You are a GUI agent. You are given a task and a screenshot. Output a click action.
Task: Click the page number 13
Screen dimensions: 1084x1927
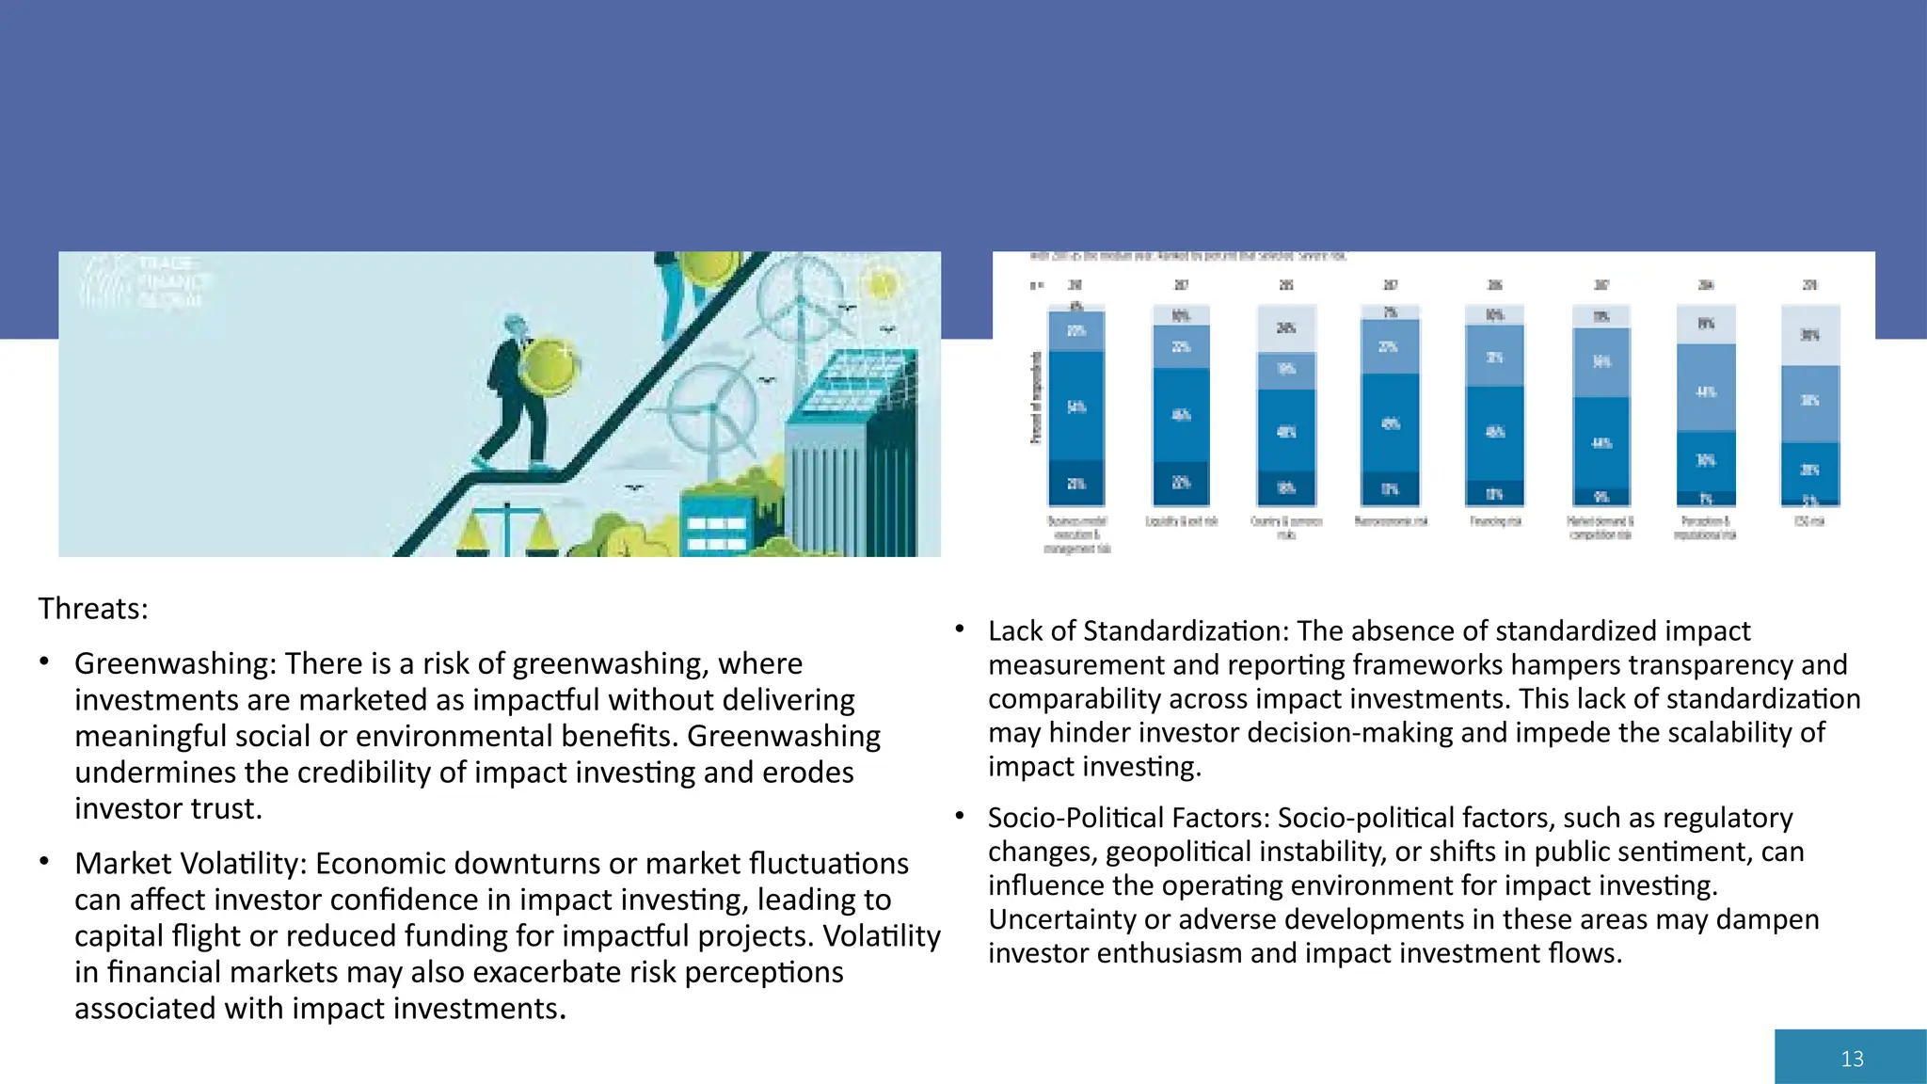pyautogui.click(x=1852, y=1059)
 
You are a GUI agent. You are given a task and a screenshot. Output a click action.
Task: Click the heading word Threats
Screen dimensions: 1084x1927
pyautogui.click(x=91, y=609)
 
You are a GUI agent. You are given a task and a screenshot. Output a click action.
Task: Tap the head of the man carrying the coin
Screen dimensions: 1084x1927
pyautogui.click(x=515, y=327)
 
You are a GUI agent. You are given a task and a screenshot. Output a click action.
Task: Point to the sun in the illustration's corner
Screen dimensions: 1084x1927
pyautogui.click(x=882, y=282)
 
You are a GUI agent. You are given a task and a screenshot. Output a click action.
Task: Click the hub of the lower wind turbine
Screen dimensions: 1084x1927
pyautogui.click(x=713, y=408)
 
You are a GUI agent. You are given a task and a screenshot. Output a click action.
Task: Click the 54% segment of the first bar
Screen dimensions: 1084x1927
pyautogui.click(x=1076, y=406)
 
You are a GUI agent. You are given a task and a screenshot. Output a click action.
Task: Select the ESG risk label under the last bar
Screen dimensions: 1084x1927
pyautogui.click(x=1809, y=521)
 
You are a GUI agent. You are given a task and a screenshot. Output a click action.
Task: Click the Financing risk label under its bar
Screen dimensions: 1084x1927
pyautogui.click(x=1495, y=521)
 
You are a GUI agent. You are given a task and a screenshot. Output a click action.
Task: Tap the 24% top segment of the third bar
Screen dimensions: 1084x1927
pyautogui.click(x=1285, y=328)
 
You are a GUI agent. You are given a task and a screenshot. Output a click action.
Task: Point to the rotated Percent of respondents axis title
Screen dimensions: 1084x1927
pyautogui.click(x=1036, y=398)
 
